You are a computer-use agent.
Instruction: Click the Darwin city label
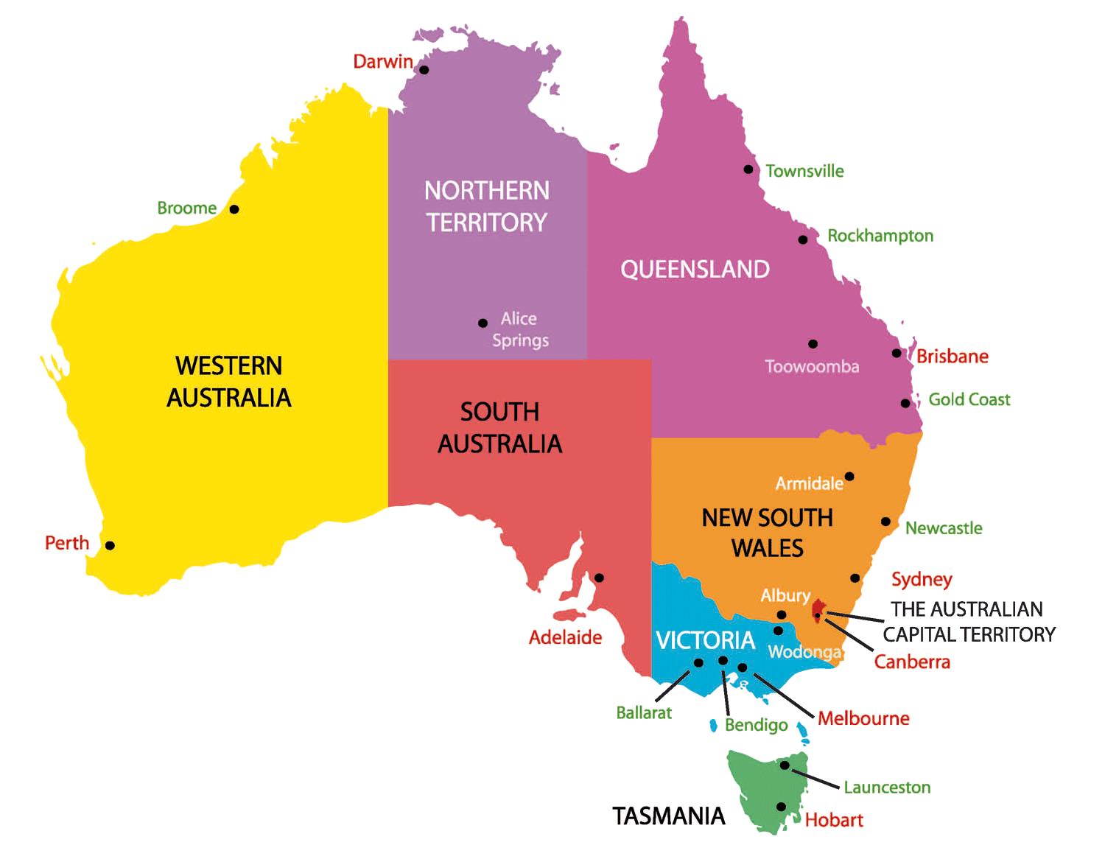click(x=382, y=62)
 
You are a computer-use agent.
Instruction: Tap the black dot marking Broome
click(x=234, y=209)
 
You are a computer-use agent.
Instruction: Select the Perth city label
click(x=67, y=544)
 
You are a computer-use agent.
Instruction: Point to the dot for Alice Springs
click(x=483, y=323)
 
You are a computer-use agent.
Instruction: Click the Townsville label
click(x=804, y=172)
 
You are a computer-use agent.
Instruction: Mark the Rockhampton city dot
click(x=803, y=239)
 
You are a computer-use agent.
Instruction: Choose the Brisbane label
click(x=952, y=357)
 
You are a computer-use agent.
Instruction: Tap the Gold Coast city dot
click(x=905, y=403)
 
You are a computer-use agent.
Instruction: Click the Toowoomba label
click(x=811, y=367)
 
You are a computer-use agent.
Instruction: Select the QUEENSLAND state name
click(x=695, y=270)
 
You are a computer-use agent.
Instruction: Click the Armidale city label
click(x=809, y=484)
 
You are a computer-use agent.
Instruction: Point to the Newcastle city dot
click(x=886, y=522)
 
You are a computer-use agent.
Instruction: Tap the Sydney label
click(x=922, y=580)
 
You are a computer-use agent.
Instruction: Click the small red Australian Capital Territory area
click(x=818, y=610)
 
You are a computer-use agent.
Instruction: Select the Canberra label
click(x=912, y=662)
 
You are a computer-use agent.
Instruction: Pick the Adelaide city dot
click(x=599, y=578)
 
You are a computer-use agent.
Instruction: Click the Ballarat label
click(x=644, y=713)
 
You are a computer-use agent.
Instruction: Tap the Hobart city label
click(x=833, y=820)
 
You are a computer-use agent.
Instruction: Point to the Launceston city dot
click(x=785, y=765)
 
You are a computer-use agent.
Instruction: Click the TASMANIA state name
click(x=669, y=816)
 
